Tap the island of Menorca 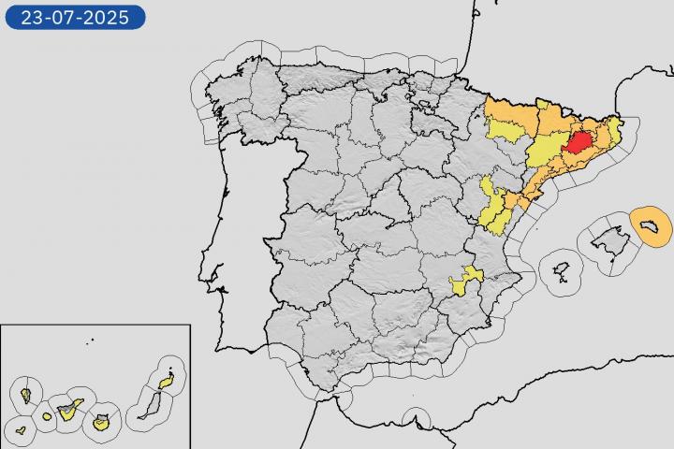[x=652, y=224]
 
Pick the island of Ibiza [x=562, y=272]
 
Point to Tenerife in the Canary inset [x=67, y=408]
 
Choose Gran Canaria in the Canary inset [x=101, y=423]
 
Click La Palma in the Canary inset [x=25, y=394]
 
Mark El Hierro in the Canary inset [x=21, y=431]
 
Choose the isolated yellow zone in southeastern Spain [x=465, y=280]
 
